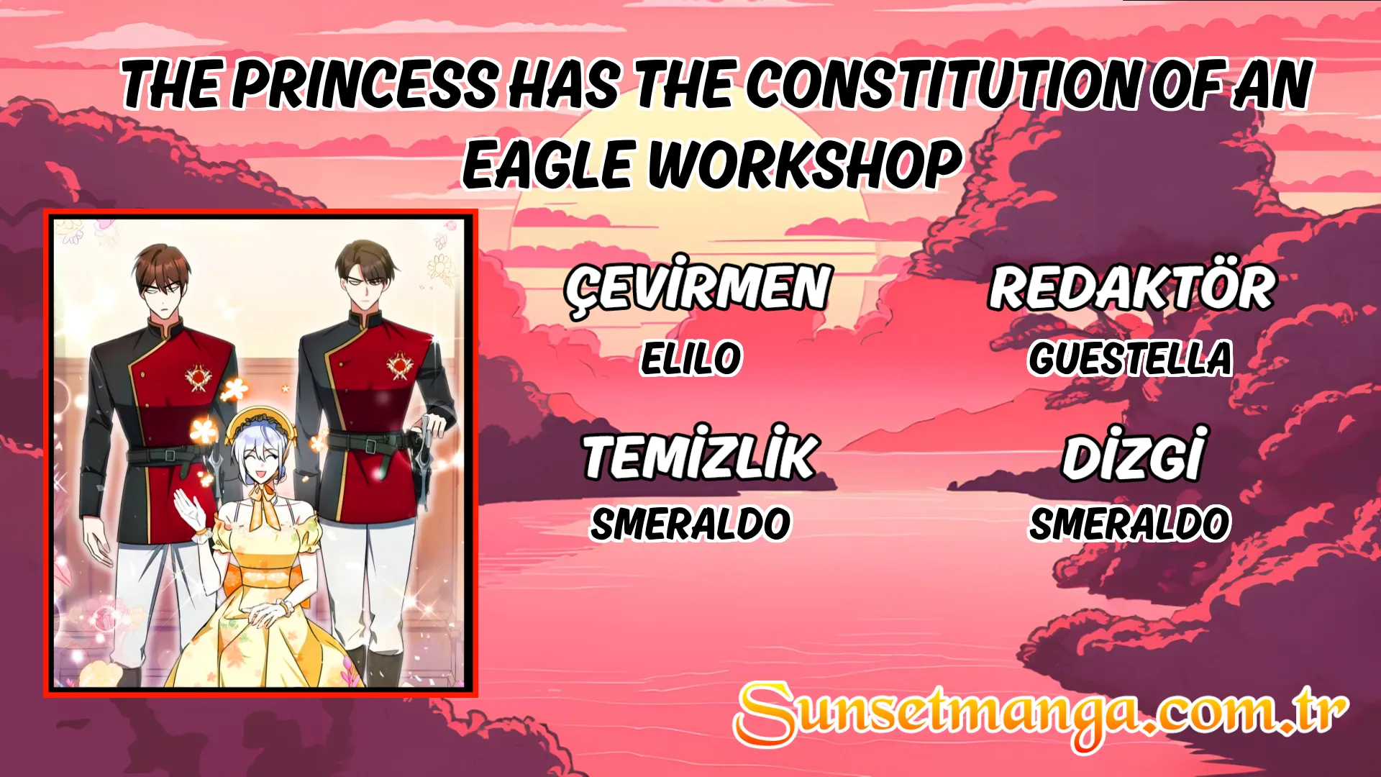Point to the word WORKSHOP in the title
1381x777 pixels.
[x=805, y=165]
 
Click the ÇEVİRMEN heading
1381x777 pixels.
[x=698, y=287]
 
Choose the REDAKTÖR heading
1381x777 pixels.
[x=1131, y=287]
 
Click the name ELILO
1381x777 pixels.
[x=691, y=358]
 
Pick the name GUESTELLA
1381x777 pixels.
[x=1130, y=358]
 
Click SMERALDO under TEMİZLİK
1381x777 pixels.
[x=690, y=524]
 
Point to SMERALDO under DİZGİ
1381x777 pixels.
[x=1130, y=524]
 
